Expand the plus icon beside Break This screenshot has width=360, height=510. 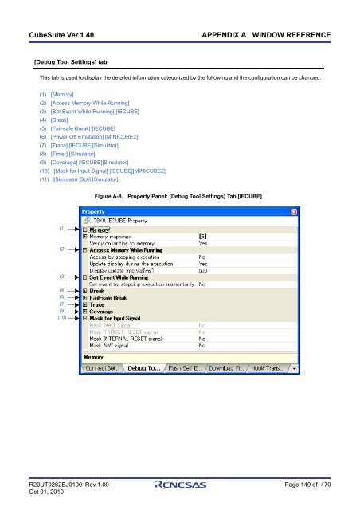pyautogui.click(x=85, y=291)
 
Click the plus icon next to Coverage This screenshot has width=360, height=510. pyautogui.click(x=85, y=312)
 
